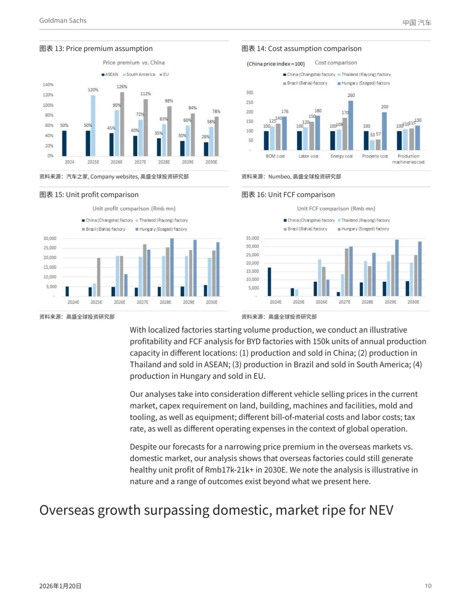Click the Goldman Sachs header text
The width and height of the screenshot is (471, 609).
tap(63, 20)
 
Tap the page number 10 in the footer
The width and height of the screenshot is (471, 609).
tap(428, 585)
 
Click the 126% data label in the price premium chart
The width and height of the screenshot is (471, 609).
tap(122, 87)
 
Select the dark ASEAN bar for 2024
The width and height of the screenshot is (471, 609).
tap(64, 143)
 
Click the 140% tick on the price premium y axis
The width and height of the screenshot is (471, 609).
tap(48, 85)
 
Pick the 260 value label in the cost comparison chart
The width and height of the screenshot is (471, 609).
tap(351, 95)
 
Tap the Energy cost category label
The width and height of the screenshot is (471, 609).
tap(341, 156)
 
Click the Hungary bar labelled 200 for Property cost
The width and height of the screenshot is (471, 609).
tap(384, 131)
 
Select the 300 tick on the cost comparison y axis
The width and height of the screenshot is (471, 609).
tap(249, 92)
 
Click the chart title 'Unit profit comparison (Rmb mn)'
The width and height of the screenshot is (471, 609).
tap(134, 209)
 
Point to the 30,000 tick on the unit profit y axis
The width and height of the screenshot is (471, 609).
tap(50, 238)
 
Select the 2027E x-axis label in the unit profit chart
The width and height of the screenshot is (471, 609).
tap(142, 302)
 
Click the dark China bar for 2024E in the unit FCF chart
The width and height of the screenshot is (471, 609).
tap(269, 282)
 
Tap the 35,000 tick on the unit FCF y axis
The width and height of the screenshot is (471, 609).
tap(252, 238)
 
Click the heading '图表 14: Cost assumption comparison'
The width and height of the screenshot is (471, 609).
tap(301, 48)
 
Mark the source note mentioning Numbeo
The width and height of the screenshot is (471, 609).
tap(291, 177)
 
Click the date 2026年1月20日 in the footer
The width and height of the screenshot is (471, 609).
tap(60, 586)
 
